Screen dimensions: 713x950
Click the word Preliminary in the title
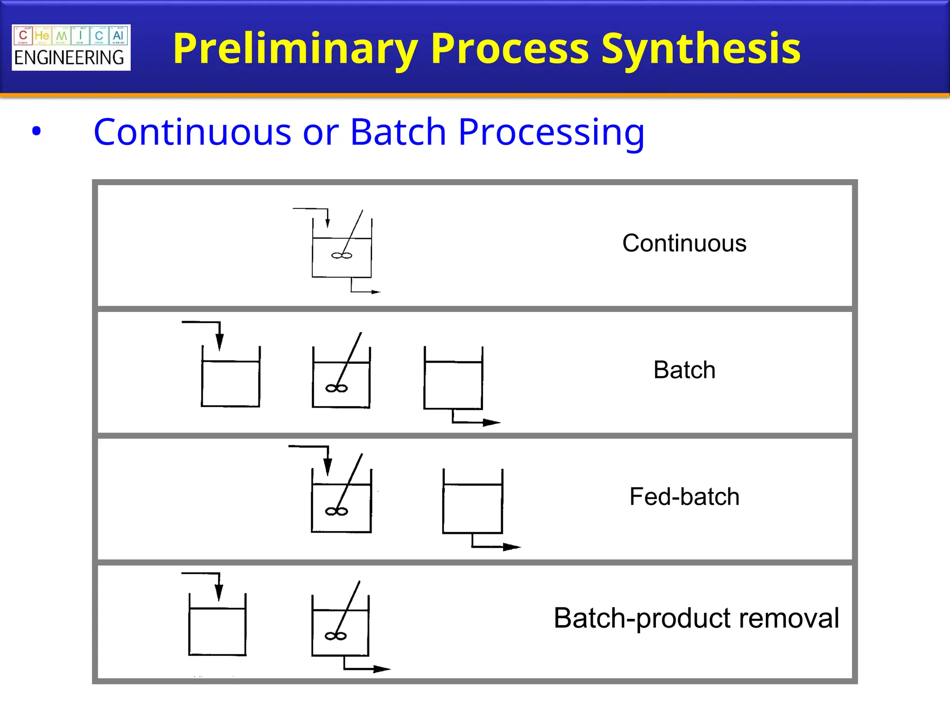click(295, 49)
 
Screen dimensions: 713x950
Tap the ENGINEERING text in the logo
click(69, 58)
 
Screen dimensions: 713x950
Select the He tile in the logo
click(42, 36)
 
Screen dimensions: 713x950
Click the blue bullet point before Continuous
click(37, 132)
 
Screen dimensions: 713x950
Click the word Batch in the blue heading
click(398, 132)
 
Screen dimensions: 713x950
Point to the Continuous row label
click(684, 243)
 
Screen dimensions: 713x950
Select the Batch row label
click(684, 370)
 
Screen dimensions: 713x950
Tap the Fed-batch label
click(684, 497)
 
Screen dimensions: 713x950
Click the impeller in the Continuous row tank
click(342, 255)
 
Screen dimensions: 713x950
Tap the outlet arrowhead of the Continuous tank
click(376, 292)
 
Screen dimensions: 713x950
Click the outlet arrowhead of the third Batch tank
click(492, 422)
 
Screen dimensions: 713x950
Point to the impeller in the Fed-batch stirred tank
click(337, 512)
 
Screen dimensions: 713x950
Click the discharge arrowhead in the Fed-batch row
click(512, 547)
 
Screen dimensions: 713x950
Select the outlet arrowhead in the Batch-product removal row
click(382, 669)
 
